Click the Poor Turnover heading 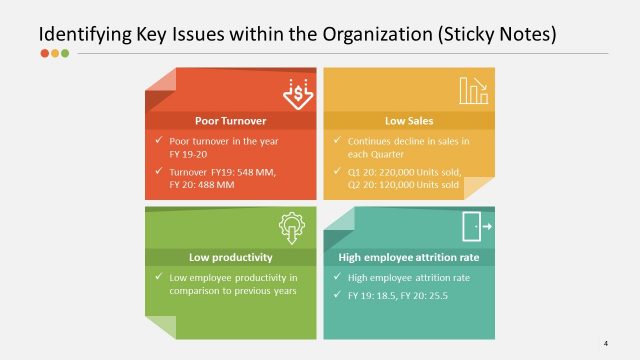[x=229, y=121]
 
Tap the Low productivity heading [x=231, y=257]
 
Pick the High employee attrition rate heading [x=408, y=257]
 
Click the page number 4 [x=606, y=343]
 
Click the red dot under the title [x=44, y=54]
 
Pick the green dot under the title [x=65, y=54]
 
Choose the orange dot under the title [x=55, y=54]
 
